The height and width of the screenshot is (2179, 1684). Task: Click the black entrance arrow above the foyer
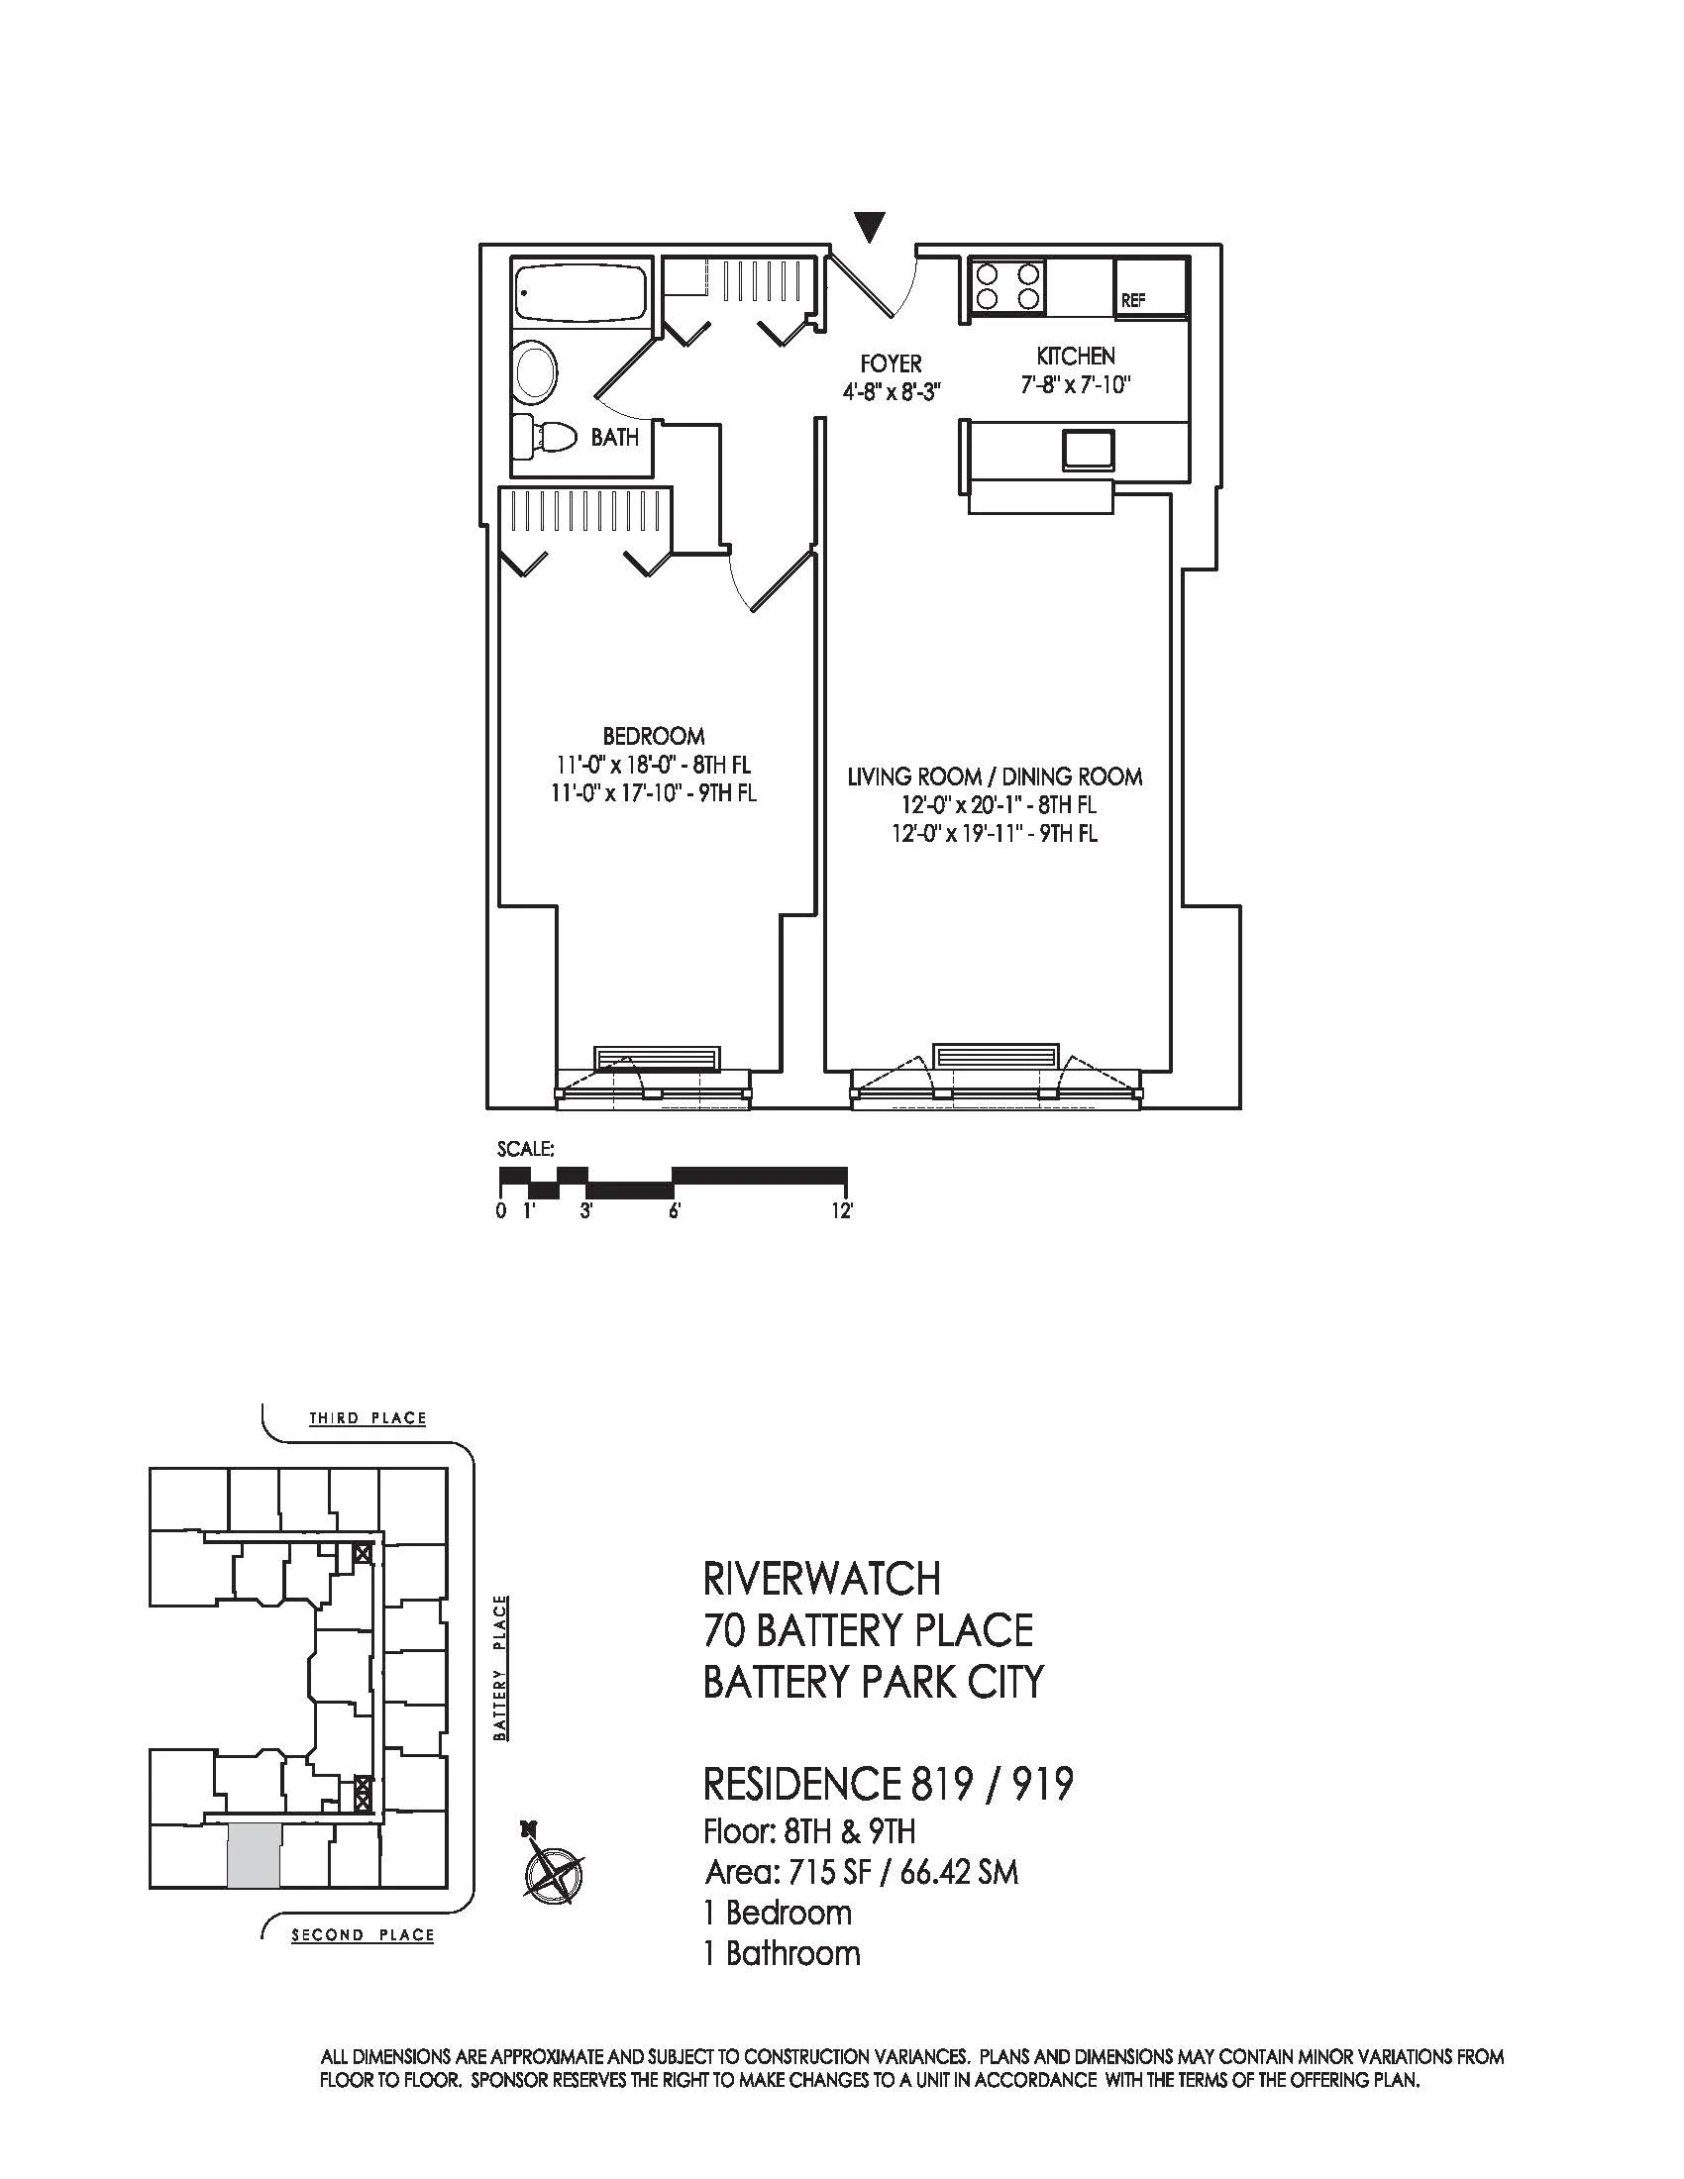click(871, 227)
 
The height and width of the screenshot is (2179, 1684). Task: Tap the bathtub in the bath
click(580, 291)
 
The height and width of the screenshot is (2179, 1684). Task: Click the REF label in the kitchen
click(1133, 300)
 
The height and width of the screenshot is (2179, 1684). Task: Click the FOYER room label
click(891, 364)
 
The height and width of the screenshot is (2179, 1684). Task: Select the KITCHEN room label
click(1076, 356)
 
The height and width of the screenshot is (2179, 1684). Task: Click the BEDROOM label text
click(654, 736)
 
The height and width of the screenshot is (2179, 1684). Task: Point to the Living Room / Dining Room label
click(995, 777)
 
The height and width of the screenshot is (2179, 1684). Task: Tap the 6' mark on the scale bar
click(676, 1211)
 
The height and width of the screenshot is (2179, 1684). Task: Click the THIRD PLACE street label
click(368, 1417)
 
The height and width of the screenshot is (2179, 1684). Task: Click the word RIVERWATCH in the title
click(821, 1580)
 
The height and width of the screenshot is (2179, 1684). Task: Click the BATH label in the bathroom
click(614, 437)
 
